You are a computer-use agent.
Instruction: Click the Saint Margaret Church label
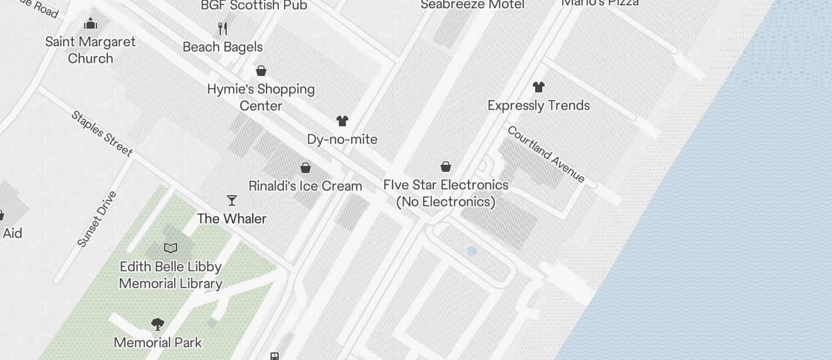pyautogui.click(x=91, y=50)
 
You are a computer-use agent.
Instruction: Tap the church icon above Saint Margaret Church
pyautogui.click(x=91, y=24)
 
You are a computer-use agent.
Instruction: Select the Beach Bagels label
pyautogui.click(x=223, y=47)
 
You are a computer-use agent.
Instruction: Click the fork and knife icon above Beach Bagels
pyautogui.click(x=223, y=29)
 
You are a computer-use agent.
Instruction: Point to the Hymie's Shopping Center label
pyautogui.click(x=261, y=98)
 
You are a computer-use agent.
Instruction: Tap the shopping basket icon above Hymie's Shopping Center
pyautogui.click(x=261, y=71)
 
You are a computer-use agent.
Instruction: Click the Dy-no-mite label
pyautogui.click(x=342, y=140)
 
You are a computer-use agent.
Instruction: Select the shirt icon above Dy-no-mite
pyautogui.click(x=342, y=121)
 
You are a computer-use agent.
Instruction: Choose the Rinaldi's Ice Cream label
pyautogui.click(x=306, y=186)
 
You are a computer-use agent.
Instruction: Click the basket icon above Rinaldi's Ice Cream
pyautogui.click(x=306, y=168)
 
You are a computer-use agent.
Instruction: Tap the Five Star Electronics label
pyautogui.click(x=446, y=193)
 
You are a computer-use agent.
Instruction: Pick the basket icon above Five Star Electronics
pyautogui.click(x=446, y=167)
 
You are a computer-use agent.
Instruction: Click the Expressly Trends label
pyautogui.click(x=539, y=106)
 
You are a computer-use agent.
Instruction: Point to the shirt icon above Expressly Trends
pyautogui.click(x=539, y=87)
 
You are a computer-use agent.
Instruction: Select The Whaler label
pyautogui.click(x=232, y=219)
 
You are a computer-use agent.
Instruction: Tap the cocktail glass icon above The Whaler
pyautogui.click(x=232, y=200)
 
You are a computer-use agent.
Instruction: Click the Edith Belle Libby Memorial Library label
pyautogui.click(x=171, y=275)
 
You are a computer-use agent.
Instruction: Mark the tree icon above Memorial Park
pyautogui.click(x=157, y=324)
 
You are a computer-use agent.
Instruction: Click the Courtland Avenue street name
pyautogui.click(x=546, y=154)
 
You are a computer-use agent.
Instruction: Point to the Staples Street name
pyautogui.click(x=102, y=133)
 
